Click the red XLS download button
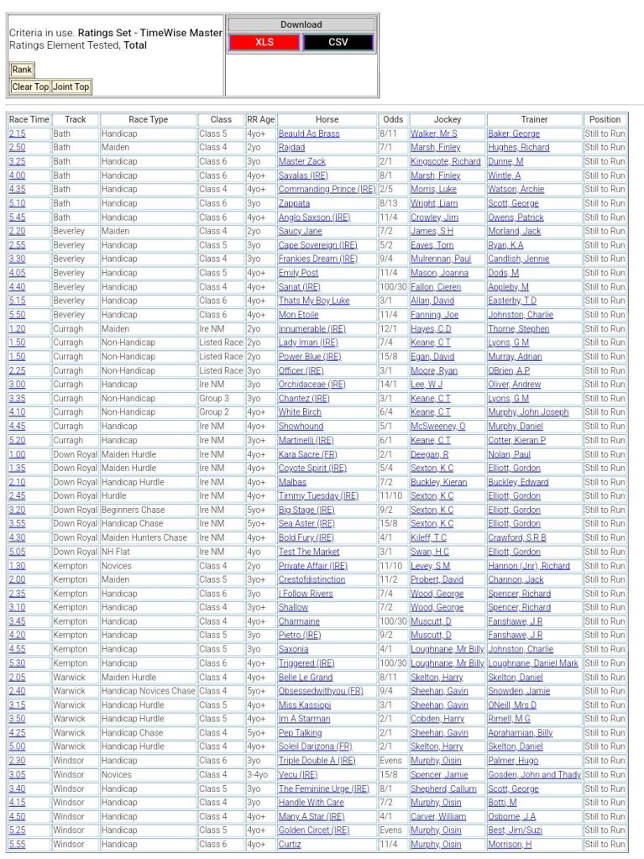264,42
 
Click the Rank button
22,70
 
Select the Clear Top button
30,86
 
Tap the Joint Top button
71,86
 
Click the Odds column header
391,119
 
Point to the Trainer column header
534,119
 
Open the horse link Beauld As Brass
309,134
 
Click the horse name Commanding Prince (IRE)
327,189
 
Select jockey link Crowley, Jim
434,217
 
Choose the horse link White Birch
300,412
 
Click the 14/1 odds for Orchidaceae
391,385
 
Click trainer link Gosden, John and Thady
534,774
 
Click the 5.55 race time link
17,844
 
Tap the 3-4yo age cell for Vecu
259,774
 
